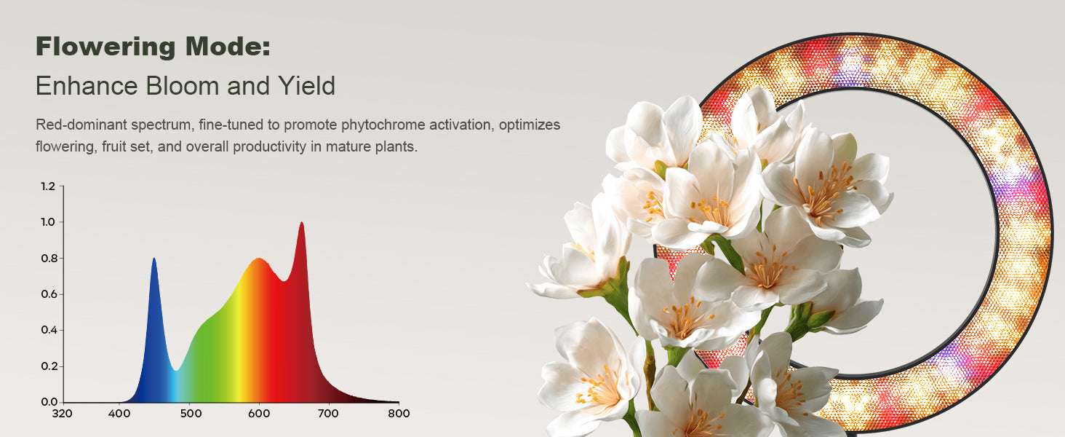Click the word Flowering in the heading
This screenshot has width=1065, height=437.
[x=106, y=47]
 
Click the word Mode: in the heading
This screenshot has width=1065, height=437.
[x=228, y=47]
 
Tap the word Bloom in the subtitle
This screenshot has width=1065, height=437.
[x=182, y=86]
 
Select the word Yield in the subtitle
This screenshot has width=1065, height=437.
[x=307, y=86]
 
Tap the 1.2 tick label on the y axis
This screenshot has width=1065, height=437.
[x=48, y=186]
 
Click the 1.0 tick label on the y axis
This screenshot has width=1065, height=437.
[x=48, y=222]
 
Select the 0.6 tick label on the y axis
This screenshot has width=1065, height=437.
[x=48, y=294]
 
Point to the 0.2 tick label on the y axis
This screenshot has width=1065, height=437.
[x=48, y=366]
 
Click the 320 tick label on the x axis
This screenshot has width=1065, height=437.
[x=63, y=413]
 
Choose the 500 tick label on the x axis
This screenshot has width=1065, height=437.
[x=191, y=413]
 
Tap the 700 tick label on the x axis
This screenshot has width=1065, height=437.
[x=328, y=413]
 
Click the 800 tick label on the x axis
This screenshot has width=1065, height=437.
[x=399, y=413]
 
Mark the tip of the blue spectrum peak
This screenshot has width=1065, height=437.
[x=154, y=259]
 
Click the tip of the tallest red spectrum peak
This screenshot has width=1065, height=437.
[x=301, y=222]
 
